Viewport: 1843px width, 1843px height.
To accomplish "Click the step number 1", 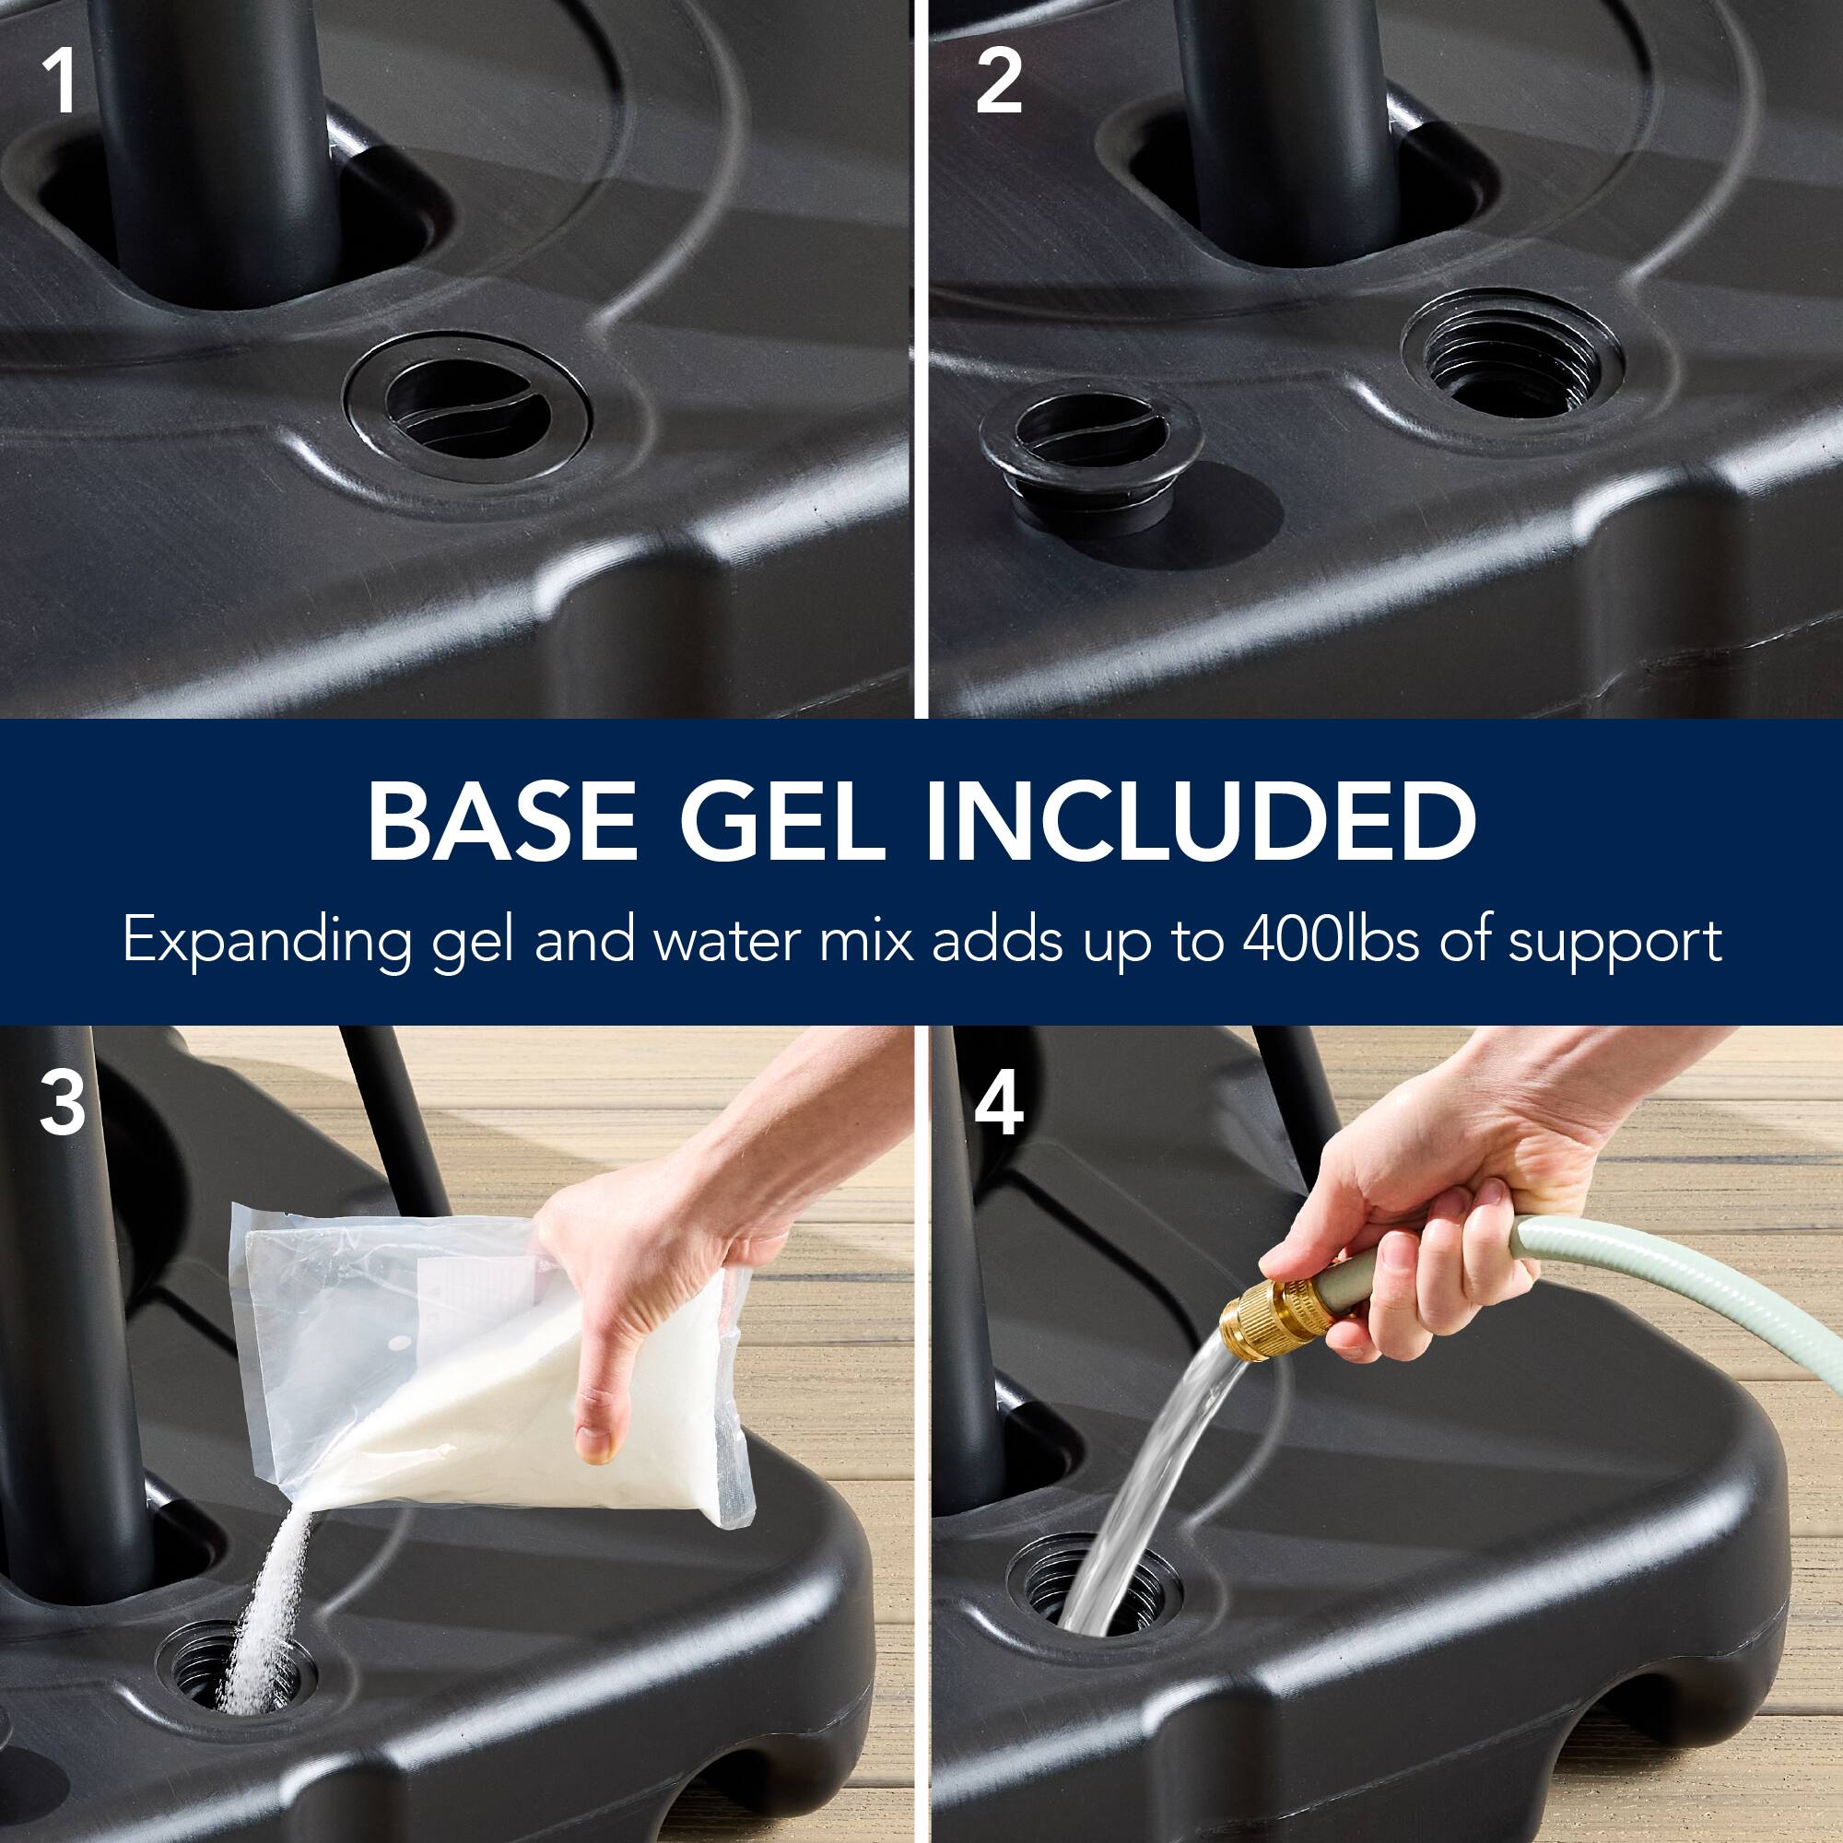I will click(60, 84).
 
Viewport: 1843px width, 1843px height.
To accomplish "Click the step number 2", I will click(998, 84).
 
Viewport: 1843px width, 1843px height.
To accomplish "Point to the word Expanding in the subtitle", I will click(266, 943).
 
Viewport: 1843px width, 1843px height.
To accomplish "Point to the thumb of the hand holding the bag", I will click(597, 1421).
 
